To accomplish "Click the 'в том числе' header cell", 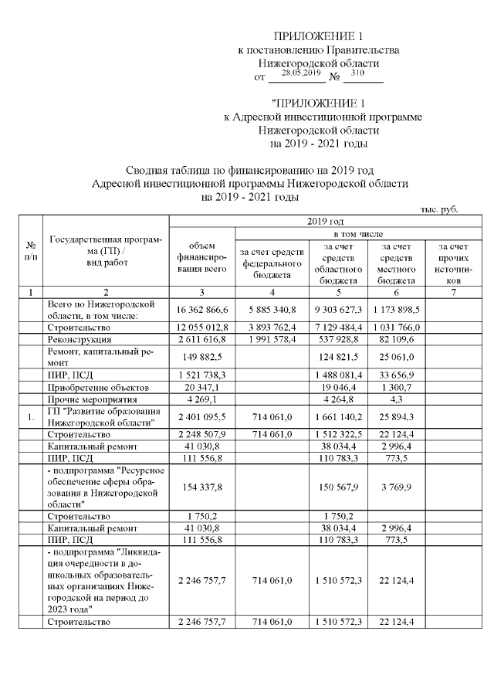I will pyautogui.click(x=351, y=233).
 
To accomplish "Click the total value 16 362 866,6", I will pyautogui.click(x=201, y=310).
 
